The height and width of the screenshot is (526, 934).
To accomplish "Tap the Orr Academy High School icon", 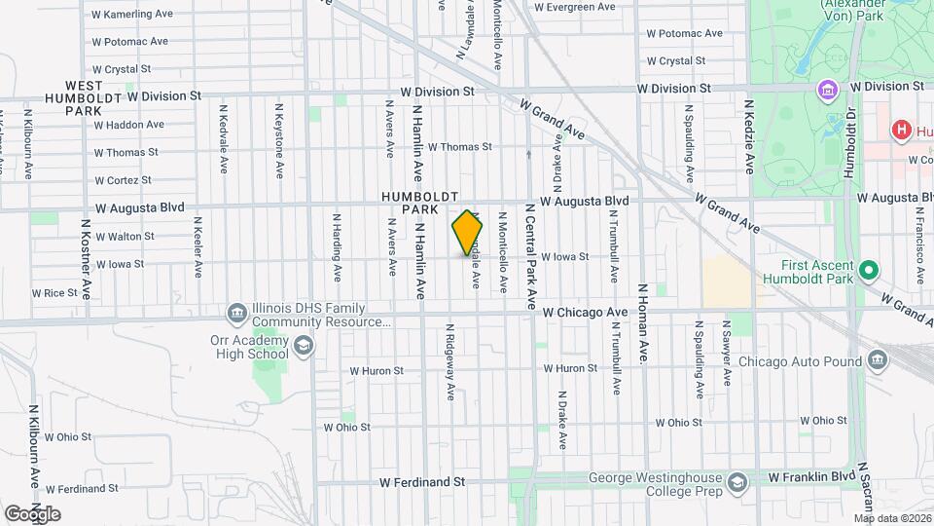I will pyautogui.click(x=304, y=346).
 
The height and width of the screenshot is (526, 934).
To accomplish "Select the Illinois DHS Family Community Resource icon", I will pyautogui.click(x=236, y=313).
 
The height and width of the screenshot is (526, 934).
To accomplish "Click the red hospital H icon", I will pyautogui.click(x=900, y=130).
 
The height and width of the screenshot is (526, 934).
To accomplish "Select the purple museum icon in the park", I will pyautogui.click(x=828, y=91).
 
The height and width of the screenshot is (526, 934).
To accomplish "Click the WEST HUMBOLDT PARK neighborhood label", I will pyautogui.click(x=85, y=98).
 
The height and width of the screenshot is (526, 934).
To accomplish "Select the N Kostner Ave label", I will pyautogui.click(x=85, y=263).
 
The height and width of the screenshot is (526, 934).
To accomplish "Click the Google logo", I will pyautogui.click(x=32, y=513).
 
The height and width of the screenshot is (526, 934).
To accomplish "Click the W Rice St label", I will pyautogui.click(x=54, y=292).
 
